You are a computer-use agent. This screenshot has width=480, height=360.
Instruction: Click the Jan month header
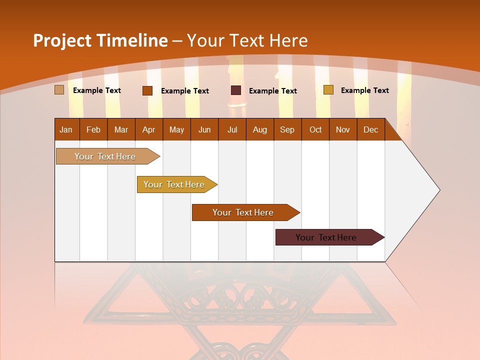pyautogui.click(x=66, y=129)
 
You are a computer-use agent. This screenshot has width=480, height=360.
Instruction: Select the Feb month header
pyautogui.click(x=93, y=129)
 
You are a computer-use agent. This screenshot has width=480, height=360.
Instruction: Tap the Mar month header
pyautogui.click(x=121, y=129)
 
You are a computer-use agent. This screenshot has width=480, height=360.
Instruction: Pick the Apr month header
pyautogui.click(x=149, y=129)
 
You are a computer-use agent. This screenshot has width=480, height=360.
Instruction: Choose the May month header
pyautogui.click(x=176, y=129)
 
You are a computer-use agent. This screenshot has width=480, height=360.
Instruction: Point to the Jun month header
pyautogui.click(x=204, y=129)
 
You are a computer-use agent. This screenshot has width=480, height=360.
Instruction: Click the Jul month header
pyautogui.click(x=232, y=129)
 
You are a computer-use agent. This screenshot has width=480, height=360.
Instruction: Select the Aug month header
pyautogui.click(x=260, y=129)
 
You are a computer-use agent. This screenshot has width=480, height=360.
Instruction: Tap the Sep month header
pyautogui.click(x=287, y=129)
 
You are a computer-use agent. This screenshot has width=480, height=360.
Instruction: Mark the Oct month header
pyautogui.click(x=315, y=129)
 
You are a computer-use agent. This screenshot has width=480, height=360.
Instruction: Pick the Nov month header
pyautogui.click(x=343, y=129)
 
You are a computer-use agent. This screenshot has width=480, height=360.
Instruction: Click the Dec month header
pyautogui.click(x=371, y=129)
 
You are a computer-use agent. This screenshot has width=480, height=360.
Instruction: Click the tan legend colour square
pyautogui.click(x=59, y=90)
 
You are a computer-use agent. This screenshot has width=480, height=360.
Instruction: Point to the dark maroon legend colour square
pyautogui.click(x=236, y=90)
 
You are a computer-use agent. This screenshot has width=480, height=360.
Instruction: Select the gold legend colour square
pyautogui.click(x=328, y=90)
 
